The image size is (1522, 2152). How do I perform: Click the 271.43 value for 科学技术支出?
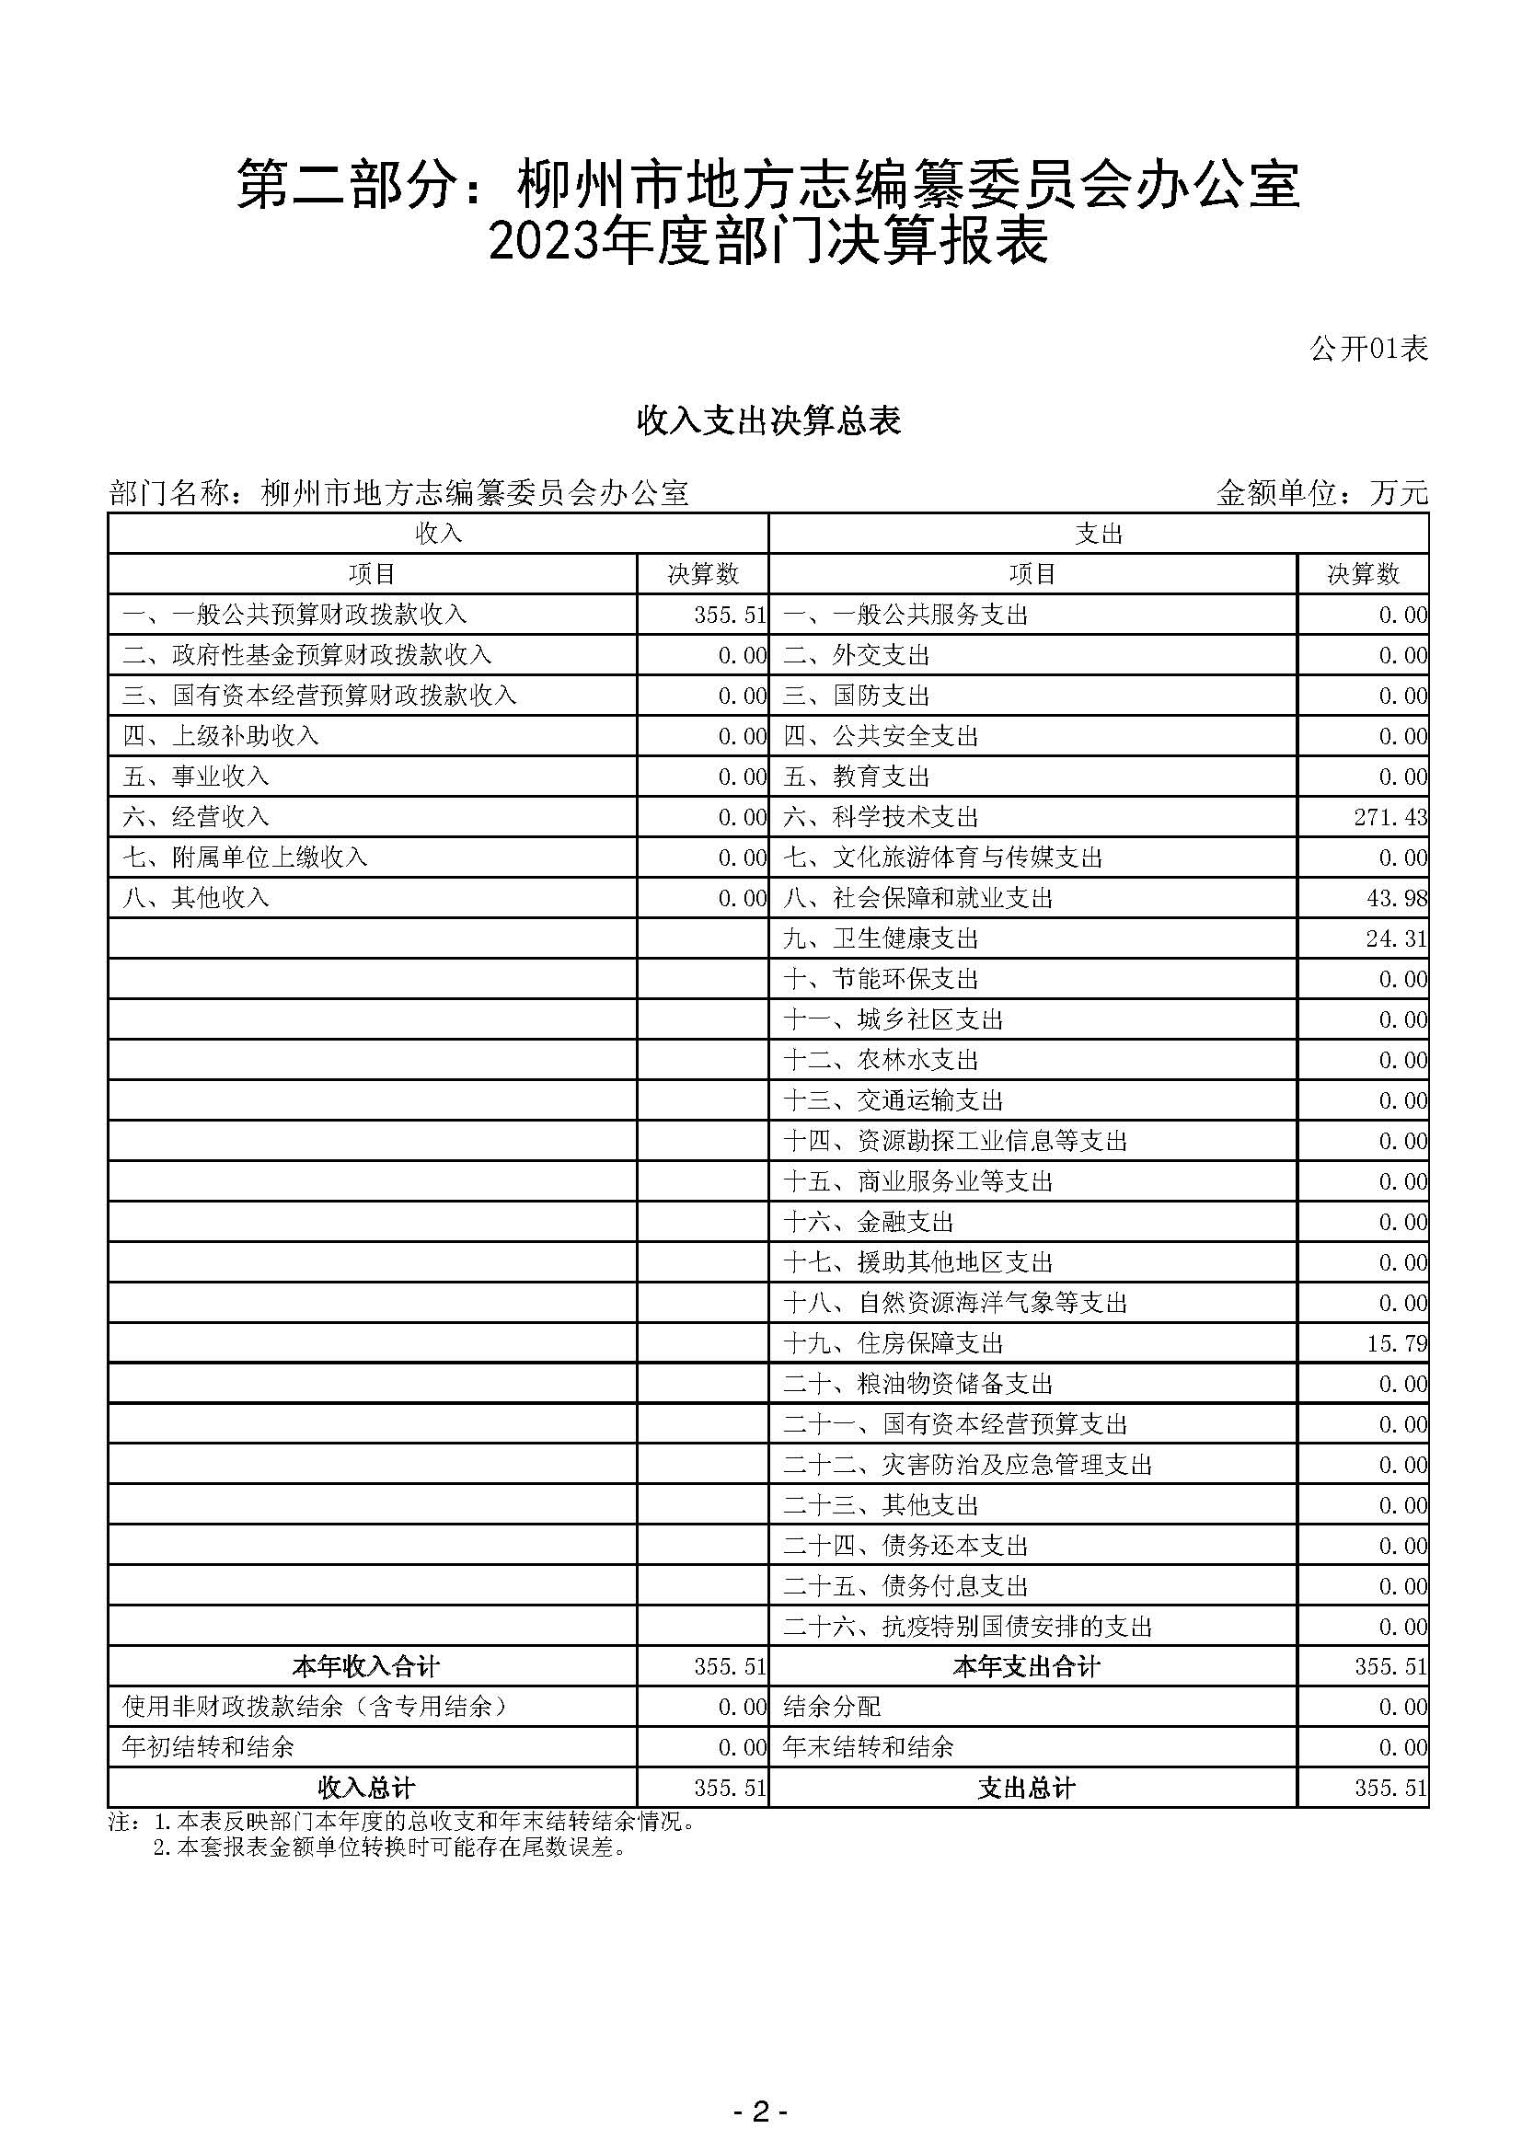coord(1389,817)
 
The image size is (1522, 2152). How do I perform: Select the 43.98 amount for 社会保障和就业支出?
coord(1397,898)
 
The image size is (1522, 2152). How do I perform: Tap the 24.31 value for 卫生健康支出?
coord(1397,938)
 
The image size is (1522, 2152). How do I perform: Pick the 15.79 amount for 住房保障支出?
coord(1397,1343)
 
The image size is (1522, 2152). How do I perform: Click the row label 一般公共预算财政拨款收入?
coord(294,615)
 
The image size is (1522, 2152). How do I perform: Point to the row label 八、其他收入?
coord(196,898)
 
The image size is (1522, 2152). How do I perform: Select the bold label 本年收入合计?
coord(365,1666)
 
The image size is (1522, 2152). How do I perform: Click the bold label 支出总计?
coord(1026,1789)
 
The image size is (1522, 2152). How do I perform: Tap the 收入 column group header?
coord(438,534)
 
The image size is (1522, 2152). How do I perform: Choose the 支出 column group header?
coord(1099,534)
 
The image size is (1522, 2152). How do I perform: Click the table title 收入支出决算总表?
coord(768,420)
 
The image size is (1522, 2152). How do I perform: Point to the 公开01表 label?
coord(1368,349)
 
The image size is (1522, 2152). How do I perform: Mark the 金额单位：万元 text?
coord(1321,492)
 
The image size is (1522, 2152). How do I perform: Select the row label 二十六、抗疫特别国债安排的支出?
coord(967,1626)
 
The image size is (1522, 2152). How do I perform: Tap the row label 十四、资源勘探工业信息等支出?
coord(955,1141)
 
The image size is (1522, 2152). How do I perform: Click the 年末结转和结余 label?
coord(868,1747)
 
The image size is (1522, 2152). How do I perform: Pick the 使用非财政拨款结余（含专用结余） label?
coord(316,1707)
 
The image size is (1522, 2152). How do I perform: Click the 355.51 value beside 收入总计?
coord(730,1789)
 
